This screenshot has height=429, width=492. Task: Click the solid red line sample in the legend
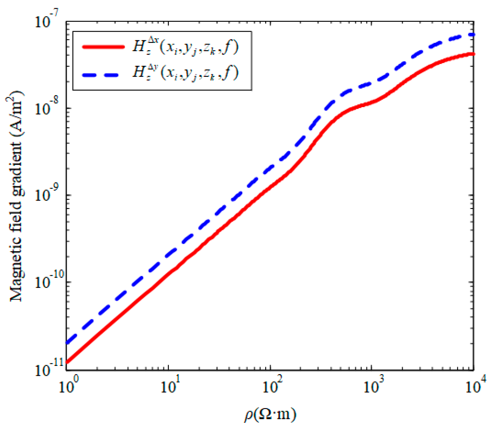pyautogui.click(x=103, y=47)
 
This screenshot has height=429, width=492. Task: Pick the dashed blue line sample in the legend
pyautogui.click(x=100, y=75)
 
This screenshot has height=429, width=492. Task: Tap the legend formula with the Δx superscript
pyautogui.click(x=185, y=47)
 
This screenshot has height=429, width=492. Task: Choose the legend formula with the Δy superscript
pyautogui.click(x=185, y=72)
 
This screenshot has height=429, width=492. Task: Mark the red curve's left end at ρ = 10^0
pyautogui.click(x=67, y=362)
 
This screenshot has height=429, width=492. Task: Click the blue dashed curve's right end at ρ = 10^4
pyautogui.click(x=473, y=35)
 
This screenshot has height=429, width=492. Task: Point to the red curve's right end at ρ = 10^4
pyautogui.click(x=473, y=54)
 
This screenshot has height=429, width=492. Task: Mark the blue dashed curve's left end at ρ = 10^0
pyautogui.click(x=67, y=342)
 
